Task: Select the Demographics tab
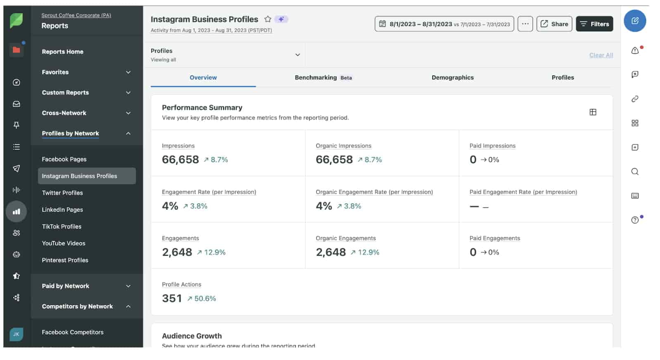(452, 78)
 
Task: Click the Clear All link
(601, 55)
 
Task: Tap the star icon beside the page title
(268, 19)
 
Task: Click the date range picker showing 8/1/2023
(444, 24)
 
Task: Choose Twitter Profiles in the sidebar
(62, 193)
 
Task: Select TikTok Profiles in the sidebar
(61, 226)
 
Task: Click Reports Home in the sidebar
(62, 52)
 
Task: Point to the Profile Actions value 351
(172, 298)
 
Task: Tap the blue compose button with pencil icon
(634, 21)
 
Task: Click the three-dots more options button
(525, 24)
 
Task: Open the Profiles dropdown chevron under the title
(297, 55)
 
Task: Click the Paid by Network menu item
(65, 286)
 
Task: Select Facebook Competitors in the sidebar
(73, 332)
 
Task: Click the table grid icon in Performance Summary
(592, 112)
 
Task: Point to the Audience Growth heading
(191, 336)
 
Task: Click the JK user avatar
(16, 334)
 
